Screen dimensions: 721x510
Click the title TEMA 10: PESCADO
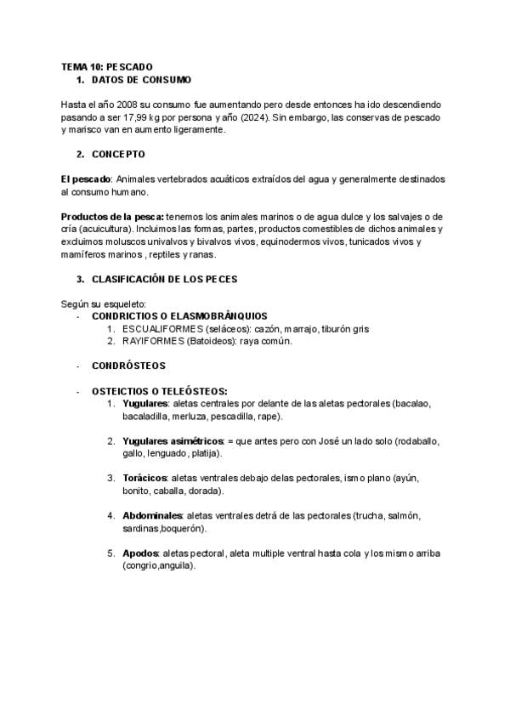point(107,66)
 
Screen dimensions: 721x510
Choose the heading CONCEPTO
point(118,154)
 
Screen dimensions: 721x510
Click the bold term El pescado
point(86,179)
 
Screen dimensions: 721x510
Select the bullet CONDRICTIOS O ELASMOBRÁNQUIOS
point(179,315)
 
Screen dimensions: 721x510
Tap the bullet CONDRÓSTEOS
point(128,366)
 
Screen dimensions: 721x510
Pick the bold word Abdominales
point(152,516)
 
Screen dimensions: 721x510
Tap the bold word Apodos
point(140,554)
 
